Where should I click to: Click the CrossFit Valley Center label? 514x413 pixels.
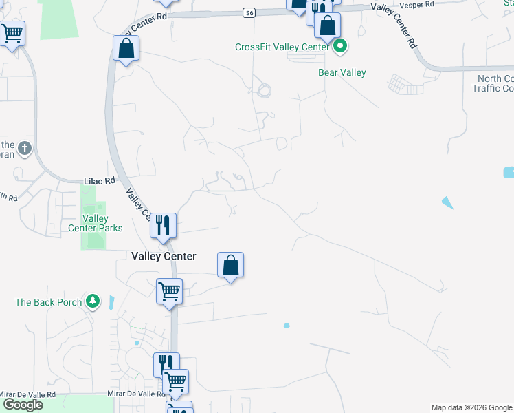[x=282, y=47]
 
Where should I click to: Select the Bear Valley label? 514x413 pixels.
[x=342, y=72]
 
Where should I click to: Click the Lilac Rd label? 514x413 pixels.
[x=98, y=181]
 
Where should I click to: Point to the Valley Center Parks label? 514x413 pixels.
[x=96, y=223]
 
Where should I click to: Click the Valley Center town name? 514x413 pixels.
[x=164, y=257]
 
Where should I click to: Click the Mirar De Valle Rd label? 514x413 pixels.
[x=136, y=394]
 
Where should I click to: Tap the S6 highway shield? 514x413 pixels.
[x=249, y=12]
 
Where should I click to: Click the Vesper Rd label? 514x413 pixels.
[x=421, y=4]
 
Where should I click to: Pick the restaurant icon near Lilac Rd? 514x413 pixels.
[x=164, y=224]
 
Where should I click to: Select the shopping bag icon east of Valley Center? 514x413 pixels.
[x=230, y=264]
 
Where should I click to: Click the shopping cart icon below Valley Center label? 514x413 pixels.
[x=169, y=290]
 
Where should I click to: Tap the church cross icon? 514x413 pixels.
[x=24, y=148]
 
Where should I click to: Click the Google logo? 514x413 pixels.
[x=22, y=405]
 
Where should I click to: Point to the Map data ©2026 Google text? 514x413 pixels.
[x=472, y=407]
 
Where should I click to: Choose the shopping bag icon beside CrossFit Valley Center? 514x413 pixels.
[x=328, y=26]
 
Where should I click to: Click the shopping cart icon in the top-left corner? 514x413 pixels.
[x=12, y=32]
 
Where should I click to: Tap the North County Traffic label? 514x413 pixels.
[x=495, y=83]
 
